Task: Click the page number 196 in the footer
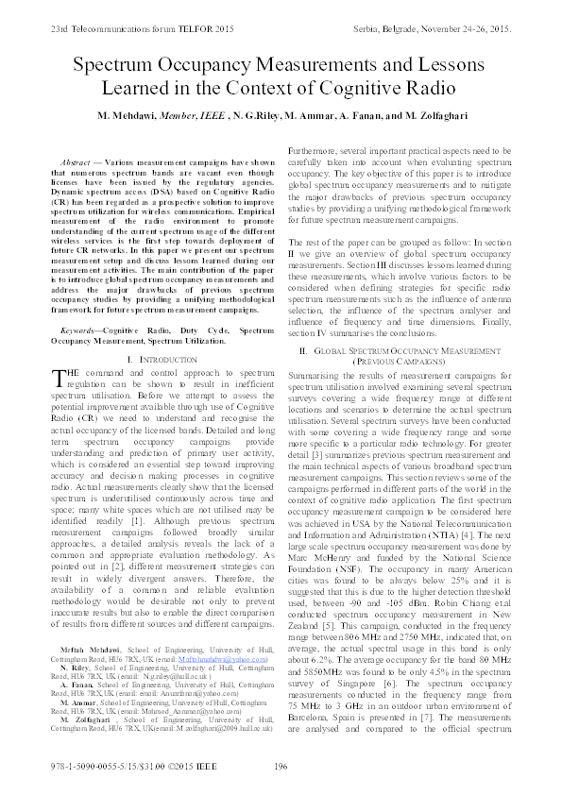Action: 280,768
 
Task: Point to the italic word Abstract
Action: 74,162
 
